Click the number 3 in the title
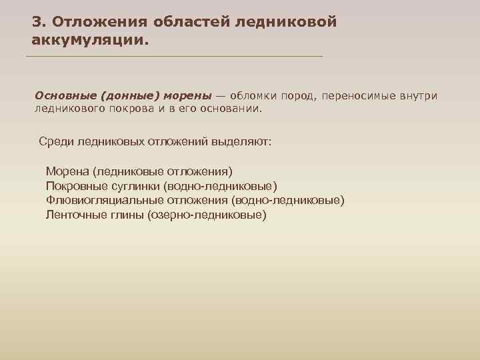[37, 22]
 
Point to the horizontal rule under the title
[173, 57]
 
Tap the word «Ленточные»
[74, 215]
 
